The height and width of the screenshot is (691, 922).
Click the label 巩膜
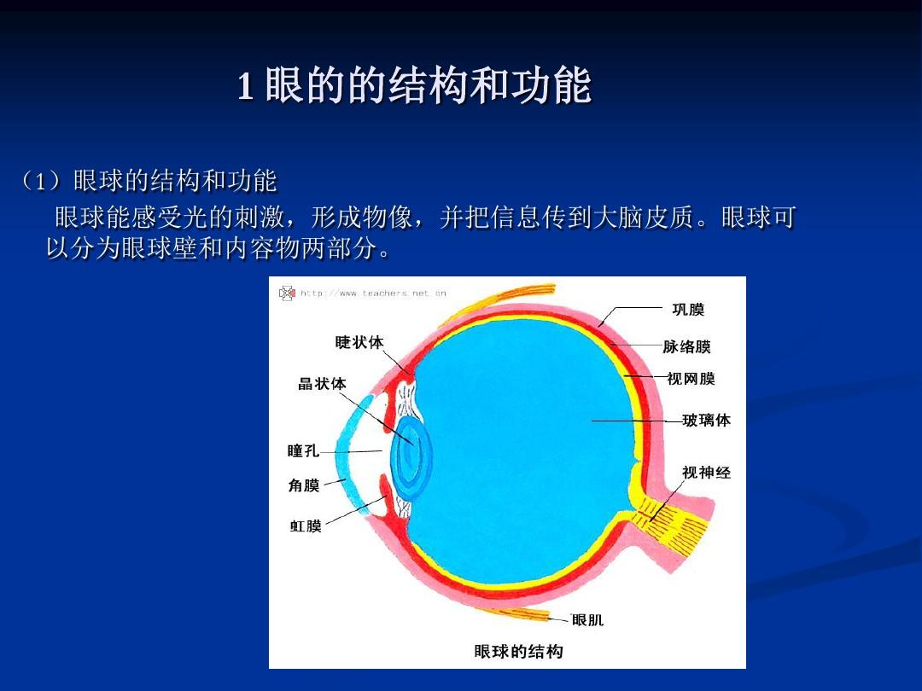688,310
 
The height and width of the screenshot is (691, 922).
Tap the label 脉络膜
686,347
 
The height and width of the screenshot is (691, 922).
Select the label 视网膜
691,379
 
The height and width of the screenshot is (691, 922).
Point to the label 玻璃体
706,421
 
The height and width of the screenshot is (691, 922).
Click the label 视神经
706,472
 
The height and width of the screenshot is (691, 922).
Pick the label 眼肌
587,620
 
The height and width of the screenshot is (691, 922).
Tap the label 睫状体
359,342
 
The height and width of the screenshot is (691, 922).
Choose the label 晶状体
322,384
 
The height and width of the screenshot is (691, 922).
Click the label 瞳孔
303,450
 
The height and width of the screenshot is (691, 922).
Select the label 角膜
304,485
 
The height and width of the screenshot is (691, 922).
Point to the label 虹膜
306,526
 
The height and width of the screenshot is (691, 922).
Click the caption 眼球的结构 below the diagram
518,652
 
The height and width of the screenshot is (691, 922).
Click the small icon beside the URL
287,293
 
